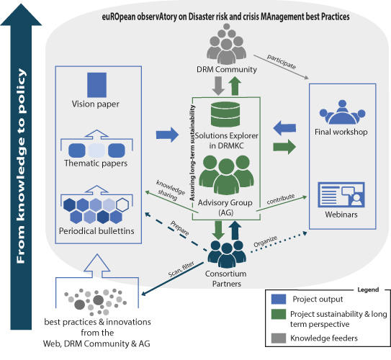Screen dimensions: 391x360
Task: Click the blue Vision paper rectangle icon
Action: pyautogui.click(x=96, y=85)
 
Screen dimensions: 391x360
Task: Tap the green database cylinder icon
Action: pyautogui.click(x=225, y=114)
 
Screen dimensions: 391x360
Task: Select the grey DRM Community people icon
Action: pyautogui.click(x=226, y=43)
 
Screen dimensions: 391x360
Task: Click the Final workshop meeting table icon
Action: pyautogui.click(x=342, y=112)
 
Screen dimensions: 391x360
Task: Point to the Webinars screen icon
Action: pyautogui.click(x=341, y=194)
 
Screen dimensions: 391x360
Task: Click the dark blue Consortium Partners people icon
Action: pyautogui.click(x=227, y=254)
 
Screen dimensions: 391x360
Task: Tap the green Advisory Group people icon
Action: pyautogui.click(x=226, y=174)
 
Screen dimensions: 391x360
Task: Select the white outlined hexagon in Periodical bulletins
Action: pyautogui.click(x=122, y=205)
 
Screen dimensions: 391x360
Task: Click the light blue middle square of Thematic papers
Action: pyautogui.click(x=96, y=150)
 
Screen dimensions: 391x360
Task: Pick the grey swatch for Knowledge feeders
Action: pyautogui.click(x=279, y=338)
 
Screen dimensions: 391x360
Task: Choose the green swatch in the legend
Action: pyautogui.click(x=279, y=314)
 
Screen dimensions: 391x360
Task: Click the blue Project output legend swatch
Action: pyautogui.click(x=279, y=300)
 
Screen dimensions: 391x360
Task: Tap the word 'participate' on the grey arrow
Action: pyautogui.click(x=282, y=61)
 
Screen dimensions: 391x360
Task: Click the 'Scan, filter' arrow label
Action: pyautogui.click(x=181, y=269)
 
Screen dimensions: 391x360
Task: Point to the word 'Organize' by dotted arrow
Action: pyautogui.click(x=265, y=241)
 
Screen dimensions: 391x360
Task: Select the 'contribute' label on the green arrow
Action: pyautogui.click(x=281, y=199)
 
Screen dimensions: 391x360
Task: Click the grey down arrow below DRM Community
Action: pyautogui.click(x=218, y=86)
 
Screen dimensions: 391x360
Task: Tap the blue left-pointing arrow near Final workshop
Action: pyautogui.click(x=284, y=128)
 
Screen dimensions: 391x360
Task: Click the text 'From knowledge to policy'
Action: pyautogui.click(x=21, y=166)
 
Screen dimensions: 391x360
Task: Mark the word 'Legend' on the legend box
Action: pyautogui.click(x=368, y=289)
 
